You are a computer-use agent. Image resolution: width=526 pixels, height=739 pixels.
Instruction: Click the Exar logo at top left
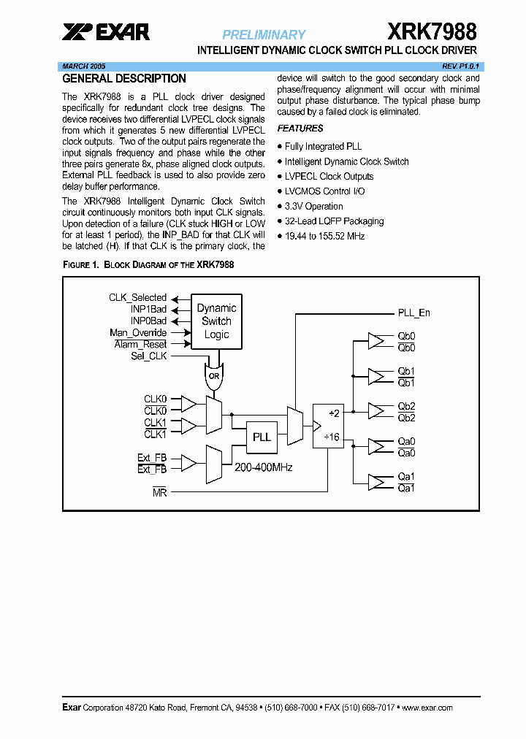click(106, 31)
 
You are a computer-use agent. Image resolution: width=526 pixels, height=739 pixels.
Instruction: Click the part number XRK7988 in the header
click(432, 31)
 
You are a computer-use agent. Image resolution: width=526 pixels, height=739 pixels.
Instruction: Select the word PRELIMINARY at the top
click(264, 34)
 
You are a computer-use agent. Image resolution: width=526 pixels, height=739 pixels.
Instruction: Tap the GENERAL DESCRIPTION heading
click(124, 79)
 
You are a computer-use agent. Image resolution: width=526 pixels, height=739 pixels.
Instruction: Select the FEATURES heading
click(300, 129)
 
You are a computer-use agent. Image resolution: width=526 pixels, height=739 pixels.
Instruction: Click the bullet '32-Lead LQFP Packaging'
click(334, 221)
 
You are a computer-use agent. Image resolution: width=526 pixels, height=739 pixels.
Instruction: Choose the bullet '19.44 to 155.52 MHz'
click(324, 236)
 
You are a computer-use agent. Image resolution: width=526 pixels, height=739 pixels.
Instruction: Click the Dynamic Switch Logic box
click(216, 321)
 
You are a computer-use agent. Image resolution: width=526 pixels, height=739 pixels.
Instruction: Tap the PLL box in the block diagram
click(262, 437)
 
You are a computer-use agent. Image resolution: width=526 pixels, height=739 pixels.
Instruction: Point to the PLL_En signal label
click(414, 313)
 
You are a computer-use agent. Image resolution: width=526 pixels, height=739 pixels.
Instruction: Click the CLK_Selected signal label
click(137, 298)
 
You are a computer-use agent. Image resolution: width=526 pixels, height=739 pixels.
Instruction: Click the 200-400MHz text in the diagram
click(263, 467)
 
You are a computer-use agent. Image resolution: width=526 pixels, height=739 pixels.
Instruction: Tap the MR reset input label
click(159, 493)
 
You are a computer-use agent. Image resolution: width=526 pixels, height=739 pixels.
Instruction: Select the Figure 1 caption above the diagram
click(148, 264)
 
